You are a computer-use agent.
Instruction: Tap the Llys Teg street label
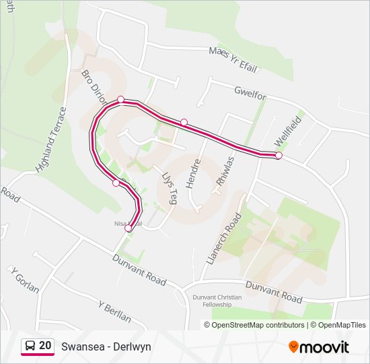tap(169, 187)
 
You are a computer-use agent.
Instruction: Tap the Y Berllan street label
tap(114, 311)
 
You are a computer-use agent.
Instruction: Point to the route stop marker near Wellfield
tap(279, 156)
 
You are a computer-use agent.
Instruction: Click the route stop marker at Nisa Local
tap(128, 228)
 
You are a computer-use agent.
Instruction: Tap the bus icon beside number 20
tap(30, 346)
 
